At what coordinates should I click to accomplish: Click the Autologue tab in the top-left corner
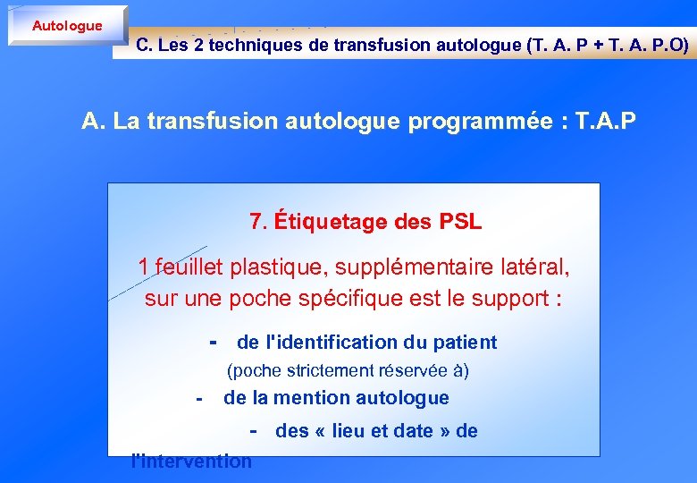[67, 25]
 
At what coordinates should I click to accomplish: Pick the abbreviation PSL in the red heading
[461, 222]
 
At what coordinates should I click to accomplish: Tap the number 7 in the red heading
[257, 222]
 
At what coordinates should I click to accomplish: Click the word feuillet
[189, 267]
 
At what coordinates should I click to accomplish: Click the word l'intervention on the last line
[191, 462]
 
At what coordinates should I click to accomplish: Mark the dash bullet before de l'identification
[213, 341]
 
